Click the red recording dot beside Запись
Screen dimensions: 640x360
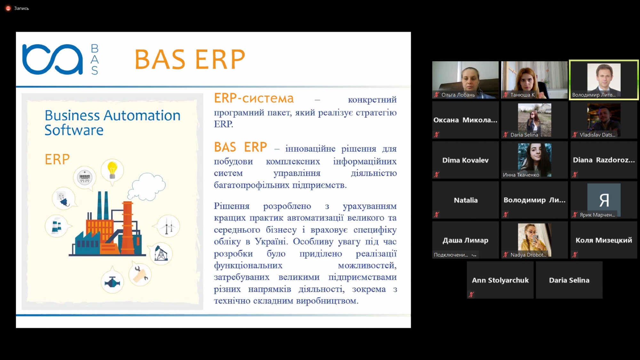click(8, 8)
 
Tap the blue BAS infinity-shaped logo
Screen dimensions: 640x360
click(52, 59)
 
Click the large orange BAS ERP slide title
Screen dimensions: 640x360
click(190, 59)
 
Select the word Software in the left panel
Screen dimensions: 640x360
click(74, 130)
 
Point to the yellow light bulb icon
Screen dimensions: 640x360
click(112, 170)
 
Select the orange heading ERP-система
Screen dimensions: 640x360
click(254, 99)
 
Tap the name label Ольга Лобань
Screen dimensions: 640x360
click(458, 95)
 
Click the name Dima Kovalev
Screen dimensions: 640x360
click(465, 160)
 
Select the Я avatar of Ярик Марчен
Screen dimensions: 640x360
click(604, 200)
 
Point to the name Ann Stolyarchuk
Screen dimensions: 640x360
click(500, 280)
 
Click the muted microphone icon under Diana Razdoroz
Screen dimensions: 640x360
click(575, 175)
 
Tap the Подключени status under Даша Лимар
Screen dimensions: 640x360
click(451, 255)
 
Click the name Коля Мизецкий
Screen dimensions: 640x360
click(604, 240)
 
